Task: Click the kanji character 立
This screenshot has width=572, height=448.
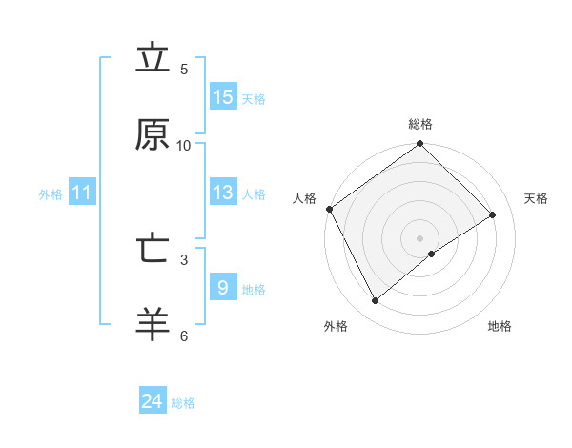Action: tap(153, 59)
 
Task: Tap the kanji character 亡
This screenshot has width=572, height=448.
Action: tap(153, 249)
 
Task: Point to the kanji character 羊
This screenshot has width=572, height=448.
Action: tap(153, 325)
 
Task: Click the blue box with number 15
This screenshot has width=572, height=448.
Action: tap(223, 96)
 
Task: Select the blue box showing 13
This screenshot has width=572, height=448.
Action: tap(223, 193)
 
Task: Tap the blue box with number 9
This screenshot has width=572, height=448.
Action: tap(223, 287)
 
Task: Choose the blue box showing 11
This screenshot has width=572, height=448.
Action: tap(82, 193)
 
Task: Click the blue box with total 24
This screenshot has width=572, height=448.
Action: tap(153, 401)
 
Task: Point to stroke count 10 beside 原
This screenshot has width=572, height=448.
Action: tap(184, 145)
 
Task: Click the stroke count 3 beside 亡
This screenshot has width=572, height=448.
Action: tap(184, 258)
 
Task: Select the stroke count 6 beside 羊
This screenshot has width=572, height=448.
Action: tap(184, 336)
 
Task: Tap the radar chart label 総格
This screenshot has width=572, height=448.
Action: tap(420, 124)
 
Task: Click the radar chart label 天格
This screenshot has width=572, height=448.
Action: tap(536, 198)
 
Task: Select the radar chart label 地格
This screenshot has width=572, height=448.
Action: tap(500, 326)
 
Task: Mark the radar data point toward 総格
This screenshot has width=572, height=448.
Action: tap(420, 144)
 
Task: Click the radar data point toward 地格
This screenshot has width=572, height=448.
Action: tap(432, 254)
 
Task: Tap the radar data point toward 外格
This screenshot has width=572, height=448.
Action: tap(376, 301)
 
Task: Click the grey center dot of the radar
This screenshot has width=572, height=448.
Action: tap(420, 237)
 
